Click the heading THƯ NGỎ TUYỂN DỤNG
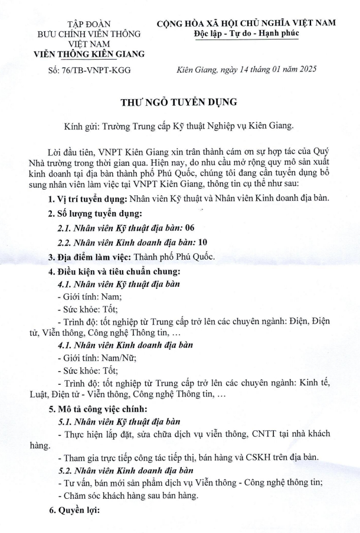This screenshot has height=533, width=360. tap(179, 102)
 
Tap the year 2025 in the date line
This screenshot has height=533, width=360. tap(305, 69)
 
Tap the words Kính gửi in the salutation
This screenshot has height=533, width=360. tap(82, 126)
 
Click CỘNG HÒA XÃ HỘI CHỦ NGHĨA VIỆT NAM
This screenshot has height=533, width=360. tap(246, 22)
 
